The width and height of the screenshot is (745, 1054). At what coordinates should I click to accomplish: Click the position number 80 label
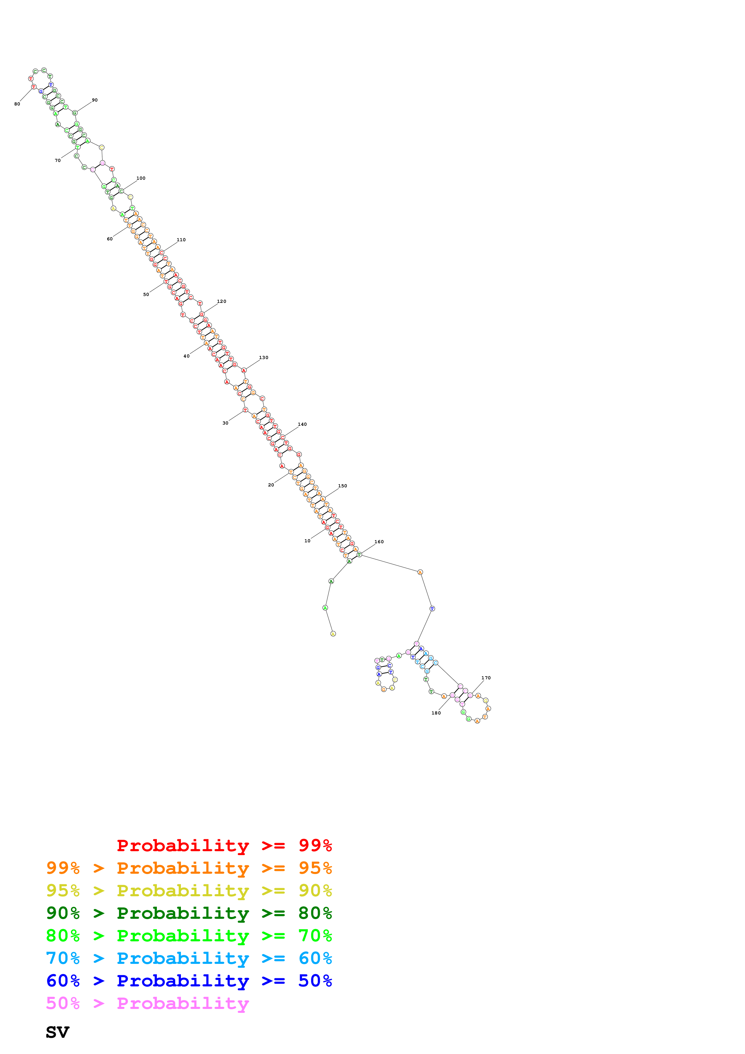click(17, 104)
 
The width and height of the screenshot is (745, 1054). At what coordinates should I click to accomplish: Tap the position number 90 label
click(95, 100)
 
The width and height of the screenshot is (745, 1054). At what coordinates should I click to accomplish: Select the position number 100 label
click(141, 178)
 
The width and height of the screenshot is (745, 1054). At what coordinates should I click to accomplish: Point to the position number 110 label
click(181, 240)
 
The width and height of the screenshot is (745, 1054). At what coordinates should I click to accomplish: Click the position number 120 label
click(222, 302)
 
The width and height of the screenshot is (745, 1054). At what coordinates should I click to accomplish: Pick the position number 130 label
click(264, 358)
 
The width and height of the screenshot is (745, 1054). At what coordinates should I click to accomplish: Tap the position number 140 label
click(302, 424)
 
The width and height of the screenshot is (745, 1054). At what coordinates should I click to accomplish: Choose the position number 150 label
click(342, 486)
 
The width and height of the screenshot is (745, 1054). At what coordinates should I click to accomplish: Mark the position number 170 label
click(486, 678)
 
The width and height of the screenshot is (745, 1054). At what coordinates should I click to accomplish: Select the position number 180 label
click(436, 713)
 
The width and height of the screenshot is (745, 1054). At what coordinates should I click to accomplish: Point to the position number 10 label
click(307, 541)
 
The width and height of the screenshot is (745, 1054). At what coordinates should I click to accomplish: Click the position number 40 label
click(186, 356)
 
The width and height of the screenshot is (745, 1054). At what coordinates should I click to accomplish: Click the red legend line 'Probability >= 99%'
click(224, 845)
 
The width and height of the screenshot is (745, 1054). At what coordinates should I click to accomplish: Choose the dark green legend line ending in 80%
click(189, 913)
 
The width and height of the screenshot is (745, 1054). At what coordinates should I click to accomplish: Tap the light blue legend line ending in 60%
click(189, 958)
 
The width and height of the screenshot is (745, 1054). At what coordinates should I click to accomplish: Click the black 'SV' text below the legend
click(57, 1032)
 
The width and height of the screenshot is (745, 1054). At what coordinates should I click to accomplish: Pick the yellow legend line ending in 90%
click(189, 891)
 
